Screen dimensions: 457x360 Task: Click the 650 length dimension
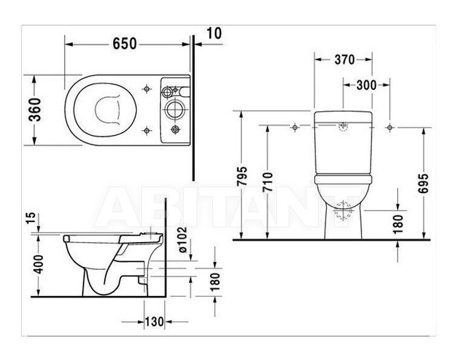coord(125,44)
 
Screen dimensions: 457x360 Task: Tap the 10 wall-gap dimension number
coord(214,33)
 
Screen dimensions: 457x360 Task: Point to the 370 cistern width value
coord(344,60)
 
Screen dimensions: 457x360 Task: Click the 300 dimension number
coord(366,85)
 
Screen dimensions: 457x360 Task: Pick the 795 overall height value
coord(242,176)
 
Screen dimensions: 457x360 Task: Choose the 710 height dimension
coord(268,182)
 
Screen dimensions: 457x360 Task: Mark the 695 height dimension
coord(423,183)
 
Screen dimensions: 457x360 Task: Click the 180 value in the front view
coord(398,224)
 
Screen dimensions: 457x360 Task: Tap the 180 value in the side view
coord(215,282)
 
